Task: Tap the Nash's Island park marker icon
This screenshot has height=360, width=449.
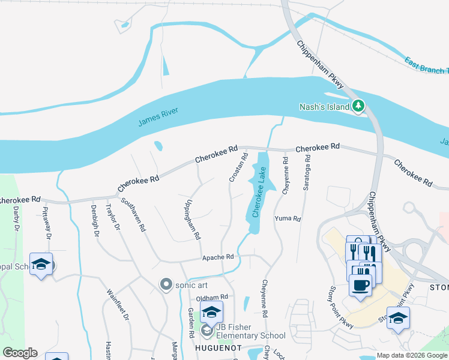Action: (359, 106)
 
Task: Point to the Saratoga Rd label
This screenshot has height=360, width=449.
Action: (307, 173)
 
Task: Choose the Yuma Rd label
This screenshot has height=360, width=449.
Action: (288, 218)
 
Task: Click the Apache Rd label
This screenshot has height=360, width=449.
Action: (217, 257)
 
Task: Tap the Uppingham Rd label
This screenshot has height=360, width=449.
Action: (193, 220)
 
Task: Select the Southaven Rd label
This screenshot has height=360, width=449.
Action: (134, 215)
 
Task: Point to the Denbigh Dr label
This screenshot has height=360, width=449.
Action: (95, 220)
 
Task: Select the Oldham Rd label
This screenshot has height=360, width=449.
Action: (212, 297)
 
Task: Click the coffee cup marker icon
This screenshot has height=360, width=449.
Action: (360, 285)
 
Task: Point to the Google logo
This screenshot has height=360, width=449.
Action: (20, 353)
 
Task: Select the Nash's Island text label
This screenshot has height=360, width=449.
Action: (324, 107)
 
